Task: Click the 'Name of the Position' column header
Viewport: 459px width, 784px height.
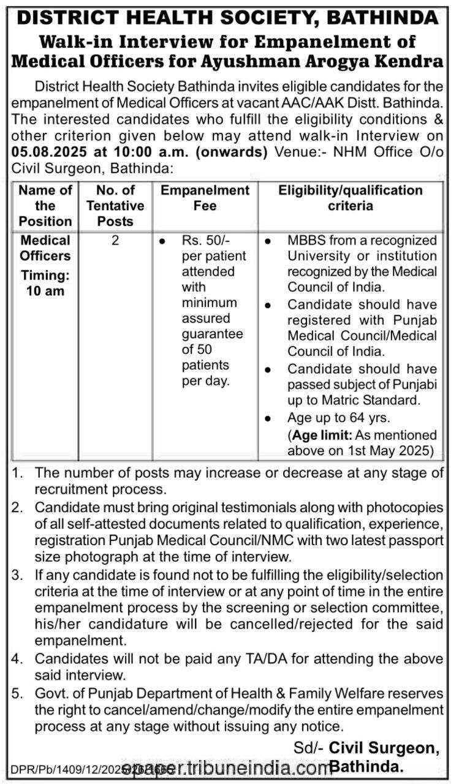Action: (x=45, y=206)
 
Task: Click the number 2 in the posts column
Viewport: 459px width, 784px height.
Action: (x=115, y=241)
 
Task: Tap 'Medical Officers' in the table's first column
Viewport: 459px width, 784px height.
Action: (x=45, y=248)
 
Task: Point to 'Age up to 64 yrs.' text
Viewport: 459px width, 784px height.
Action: (x=335, y=418)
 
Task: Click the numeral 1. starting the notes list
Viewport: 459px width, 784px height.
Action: (x=18, y=473)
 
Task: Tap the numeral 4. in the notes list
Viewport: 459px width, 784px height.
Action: (x=18, y=659)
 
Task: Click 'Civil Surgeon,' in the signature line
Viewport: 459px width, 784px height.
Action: (x=385, y=748)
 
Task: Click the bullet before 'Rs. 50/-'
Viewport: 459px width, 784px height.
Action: (x=161, y=241)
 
